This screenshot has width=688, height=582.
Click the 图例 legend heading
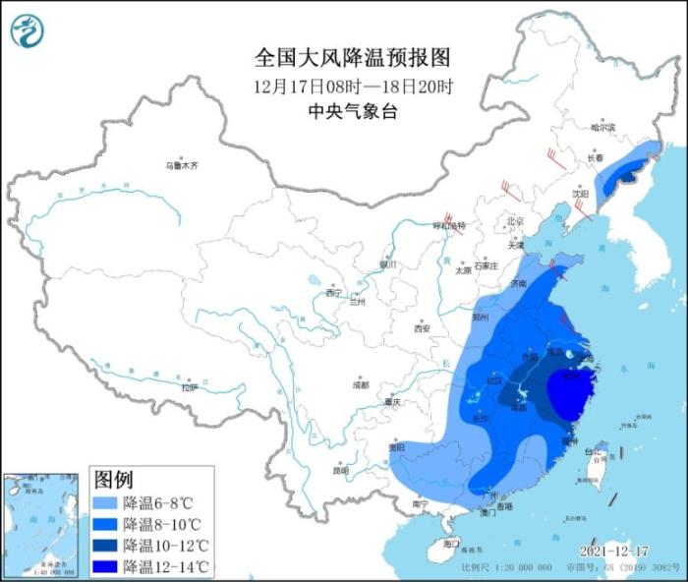(x=113, y=480)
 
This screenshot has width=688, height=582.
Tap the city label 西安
(x=423, y=327)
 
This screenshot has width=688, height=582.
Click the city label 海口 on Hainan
(x=451, y=544)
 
